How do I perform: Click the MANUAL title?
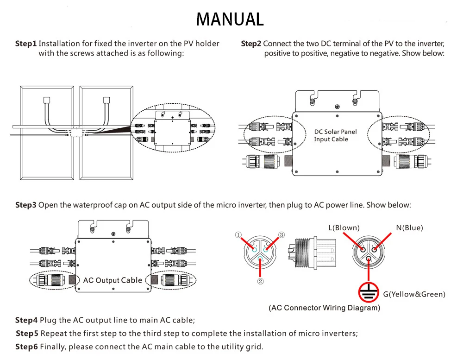[230, 19]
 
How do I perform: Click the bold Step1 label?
[25, 44]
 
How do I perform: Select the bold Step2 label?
[251, 44]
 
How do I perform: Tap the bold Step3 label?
[25, 205]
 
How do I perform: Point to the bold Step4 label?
[26, 320]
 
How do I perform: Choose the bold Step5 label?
[27, 334]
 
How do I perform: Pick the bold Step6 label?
[26, 347]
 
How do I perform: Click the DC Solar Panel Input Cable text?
[335, 135]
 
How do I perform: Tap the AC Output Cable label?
[113, 280]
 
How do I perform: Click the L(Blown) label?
[344, 227]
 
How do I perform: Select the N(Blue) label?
[409, 227]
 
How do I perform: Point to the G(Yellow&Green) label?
[414, 294]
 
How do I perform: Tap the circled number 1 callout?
[238, 235]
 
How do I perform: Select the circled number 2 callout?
[260, 281]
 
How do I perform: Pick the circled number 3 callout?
[281, 235]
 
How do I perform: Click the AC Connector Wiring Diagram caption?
[324, 308]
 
